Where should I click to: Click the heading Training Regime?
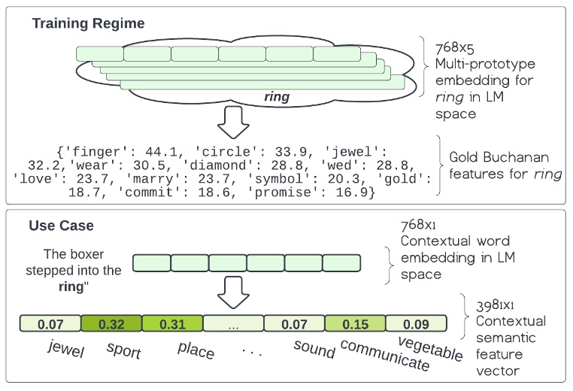(88, 23)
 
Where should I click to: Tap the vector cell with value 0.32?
(111, 324)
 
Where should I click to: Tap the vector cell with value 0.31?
(172, 324)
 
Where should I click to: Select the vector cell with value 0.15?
(355, 324)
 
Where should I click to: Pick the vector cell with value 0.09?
(416, 324)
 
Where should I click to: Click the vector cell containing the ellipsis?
(233, 324)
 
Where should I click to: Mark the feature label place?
(196, 350)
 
